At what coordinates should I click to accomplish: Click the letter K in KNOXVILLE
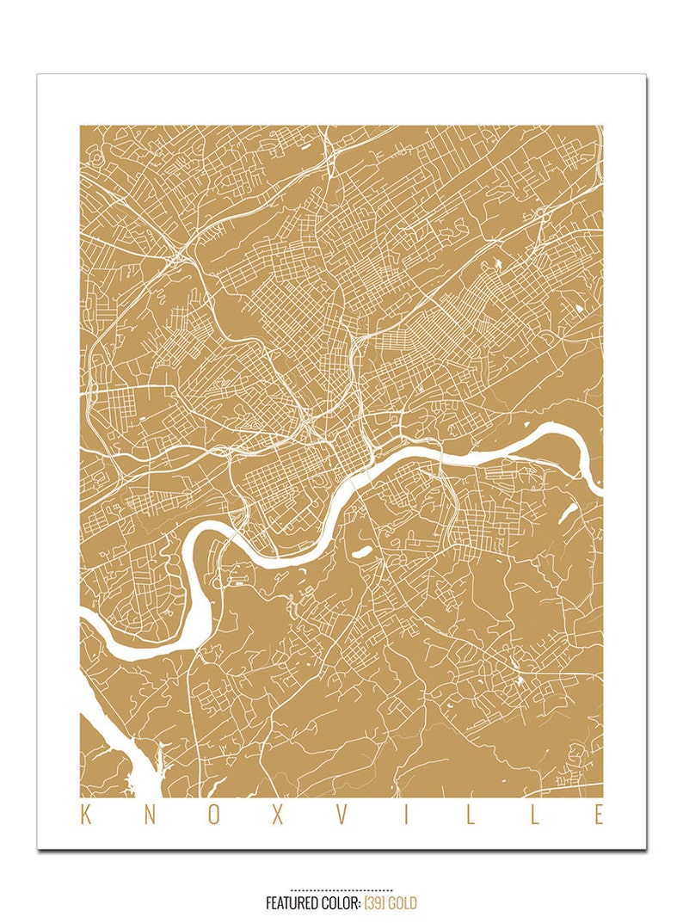[x=85, y=815]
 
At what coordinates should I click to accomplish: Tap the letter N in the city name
[x=149, y=815]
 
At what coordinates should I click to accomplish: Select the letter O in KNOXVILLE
[x=212, y=815]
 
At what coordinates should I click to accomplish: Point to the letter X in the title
[x=277, y=815]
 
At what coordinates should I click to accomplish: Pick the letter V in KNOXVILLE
[x=341, y=815]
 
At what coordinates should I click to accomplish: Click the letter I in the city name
[x=406, y=815]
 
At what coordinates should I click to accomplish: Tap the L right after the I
[x=470, y=815]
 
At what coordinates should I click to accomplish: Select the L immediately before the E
[x=534, y=815]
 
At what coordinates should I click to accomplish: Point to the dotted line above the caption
[x=341, y=890]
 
